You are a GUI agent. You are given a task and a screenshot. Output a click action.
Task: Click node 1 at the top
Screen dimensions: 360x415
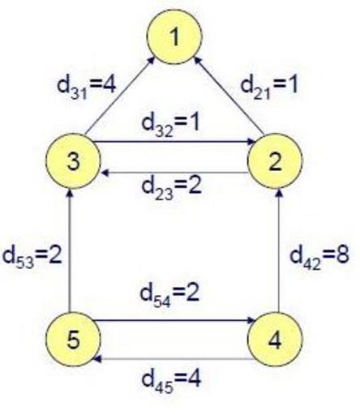pyautogui.click(x=174, y=36)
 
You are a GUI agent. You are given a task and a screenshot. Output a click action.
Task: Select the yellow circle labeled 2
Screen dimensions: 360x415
pyautogui.click(x=275, y=161)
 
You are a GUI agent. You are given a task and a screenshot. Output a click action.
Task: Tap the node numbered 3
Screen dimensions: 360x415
pyautogui.click(x=73, y=161)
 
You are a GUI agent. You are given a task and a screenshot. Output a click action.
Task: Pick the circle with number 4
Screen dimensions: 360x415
pyautogui.click(x=275, y=339)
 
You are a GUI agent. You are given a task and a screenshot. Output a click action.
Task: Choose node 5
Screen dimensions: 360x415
pyautogui.click(x=73, y=339)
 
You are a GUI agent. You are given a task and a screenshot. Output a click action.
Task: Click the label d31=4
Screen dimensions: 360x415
pyautogui.click(x=87, y=87)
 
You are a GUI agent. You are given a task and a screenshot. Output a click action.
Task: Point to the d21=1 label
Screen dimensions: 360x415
pyautogui.click(x=269, y=87)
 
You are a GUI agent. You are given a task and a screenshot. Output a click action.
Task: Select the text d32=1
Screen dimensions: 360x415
pyautogui.click(x=170, y=125)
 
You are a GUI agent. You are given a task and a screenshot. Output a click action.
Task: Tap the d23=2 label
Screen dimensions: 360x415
pyautogui.click(x=172, y=188)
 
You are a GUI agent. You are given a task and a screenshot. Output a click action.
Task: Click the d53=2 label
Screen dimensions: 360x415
pyautogui.click(x=32, y=257)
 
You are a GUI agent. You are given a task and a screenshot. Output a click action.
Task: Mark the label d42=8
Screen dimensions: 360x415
pyautogui.click(x=319, y=257)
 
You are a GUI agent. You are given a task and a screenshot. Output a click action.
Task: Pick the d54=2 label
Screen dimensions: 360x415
pyautogui.click(x=169, y=295)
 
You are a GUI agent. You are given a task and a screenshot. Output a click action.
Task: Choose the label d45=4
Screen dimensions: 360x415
pyautogui.click(x=171, y=380)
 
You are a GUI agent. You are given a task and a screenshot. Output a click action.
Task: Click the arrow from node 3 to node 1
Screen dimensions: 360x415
pyautogui.click(x=119, y=95)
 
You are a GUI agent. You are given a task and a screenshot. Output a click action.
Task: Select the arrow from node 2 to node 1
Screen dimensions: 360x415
pyautogui.click(x=229, y=95)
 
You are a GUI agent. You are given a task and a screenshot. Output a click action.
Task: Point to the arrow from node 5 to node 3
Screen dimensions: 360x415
pyautogui.click(x=70, y=250)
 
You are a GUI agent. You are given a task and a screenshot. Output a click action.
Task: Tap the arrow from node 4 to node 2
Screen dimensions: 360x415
pyautogui.click(x=279, y=250)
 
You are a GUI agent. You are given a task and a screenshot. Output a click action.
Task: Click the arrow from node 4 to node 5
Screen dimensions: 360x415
pyautogui.click(x=174, y=359)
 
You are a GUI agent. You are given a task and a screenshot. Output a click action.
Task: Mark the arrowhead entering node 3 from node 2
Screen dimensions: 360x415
pyautogui.click(x=105, y=173)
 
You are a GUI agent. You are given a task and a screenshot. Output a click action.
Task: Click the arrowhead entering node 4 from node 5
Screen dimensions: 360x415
pyautogui.click(x=251, y=320)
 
